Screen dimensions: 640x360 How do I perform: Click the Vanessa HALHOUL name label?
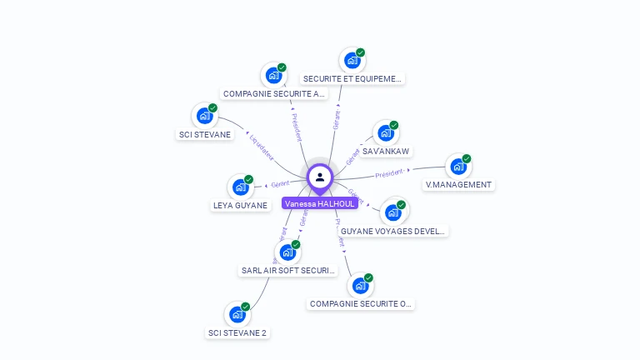pos(320,203)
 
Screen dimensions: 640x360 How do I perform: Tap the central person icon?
pos(320,177)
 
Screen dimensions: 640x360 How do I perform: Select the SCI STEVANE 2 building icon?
pos(237,315)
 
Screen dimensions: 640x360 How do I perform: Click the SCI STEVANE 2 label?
pos(237,333)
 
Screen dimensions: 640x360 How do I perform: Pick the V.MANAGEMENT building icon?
pos(458,167)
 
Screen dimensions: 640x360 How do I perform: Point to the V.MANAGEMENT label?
pos(458,185)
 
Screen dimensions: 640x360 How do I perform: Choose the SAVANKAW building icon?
pos(385,132)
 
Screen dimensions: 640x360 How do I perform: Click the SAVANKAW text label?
pos(386,151)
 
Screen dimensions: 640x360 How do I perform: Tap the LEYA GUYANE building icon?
pos(240,187)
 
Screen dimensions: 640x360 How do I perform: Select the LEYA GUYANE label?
pos(240,205)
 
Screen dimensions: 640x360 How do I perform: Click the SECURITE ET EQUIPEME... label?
pos(352,79)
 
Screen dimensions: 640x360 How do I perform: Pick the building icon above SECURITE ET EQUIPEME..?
pos(352,60)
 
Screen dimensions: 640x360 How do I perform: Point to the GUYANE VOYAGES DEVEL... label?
pos(393,231)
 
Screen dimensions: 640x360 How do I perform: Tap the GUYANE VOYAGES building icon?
pos(393,212)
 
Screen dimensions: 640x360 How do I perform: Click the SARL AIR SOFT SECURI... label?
pos(287,271)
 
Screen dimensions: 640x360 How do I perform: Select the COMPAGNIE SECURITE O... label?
pos(361,304)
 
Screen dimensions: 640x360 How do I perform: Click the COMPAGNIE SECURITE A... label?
pos(274,94)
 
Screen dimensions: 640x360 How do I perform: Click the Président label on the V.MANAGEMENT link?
pos(389,174)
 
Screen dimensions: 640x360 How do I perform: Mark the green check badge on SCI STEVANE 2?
pos(246,307)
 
